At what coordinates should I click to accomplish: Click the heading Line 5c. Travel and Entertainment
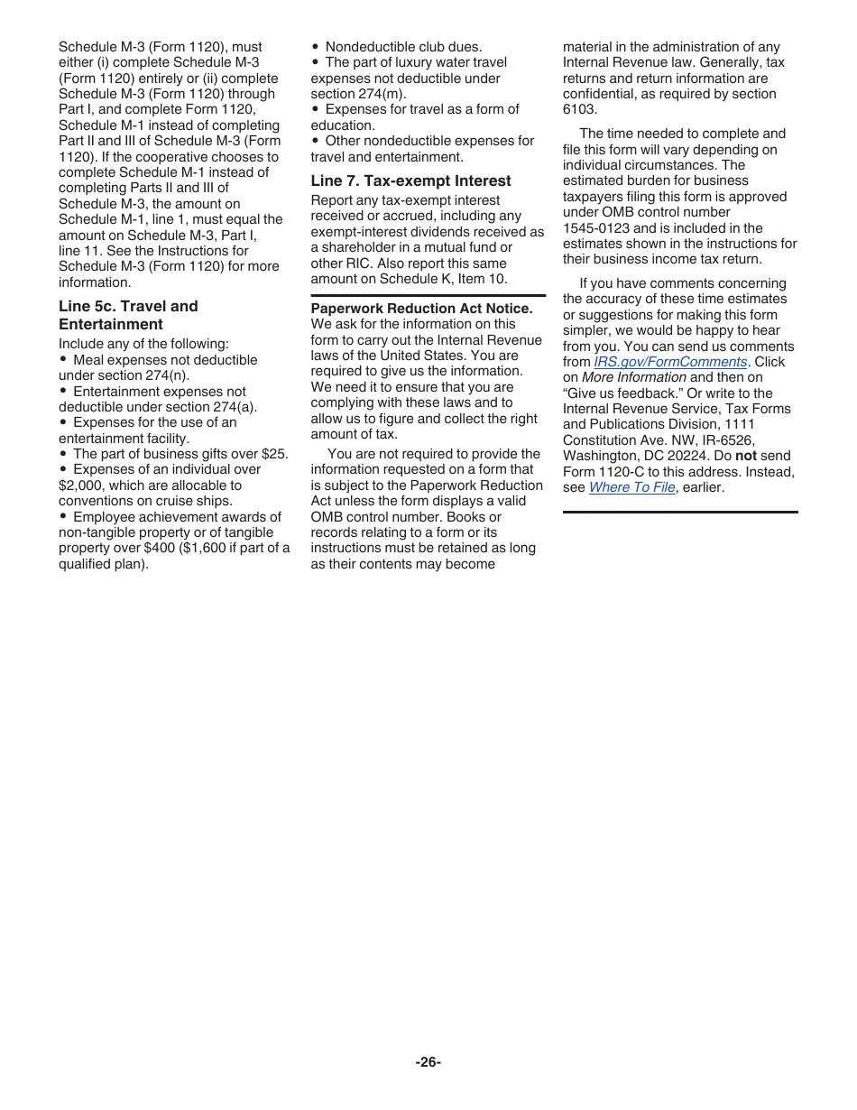[128, 315]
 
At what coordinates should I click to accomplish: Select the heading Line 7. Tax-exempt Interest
[410, 180]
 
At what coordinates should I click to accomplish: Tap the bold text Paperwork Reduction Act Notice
[421, 309]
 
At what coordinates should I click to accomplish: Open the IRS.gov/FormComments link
[670, 362]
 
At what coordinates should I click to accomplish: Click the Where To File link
[631, 487]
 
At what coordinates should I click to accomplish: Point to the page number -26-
[428, 1062]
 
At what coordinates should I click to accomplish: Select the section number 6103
[580, 109]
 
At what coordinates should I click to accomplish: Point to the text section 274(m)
[358, 94]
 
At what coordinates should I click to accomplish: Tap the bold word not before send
[745, 456]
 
